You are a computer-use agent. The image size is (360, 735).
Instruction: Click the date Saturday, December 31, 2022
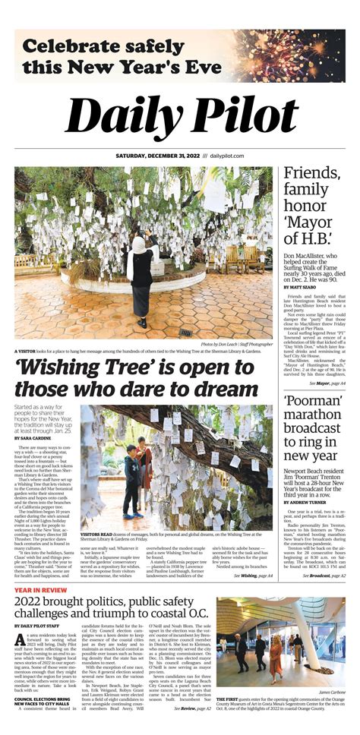156,157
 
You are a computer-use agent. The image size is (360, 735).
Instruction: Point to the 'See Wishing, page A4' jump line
253,576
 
